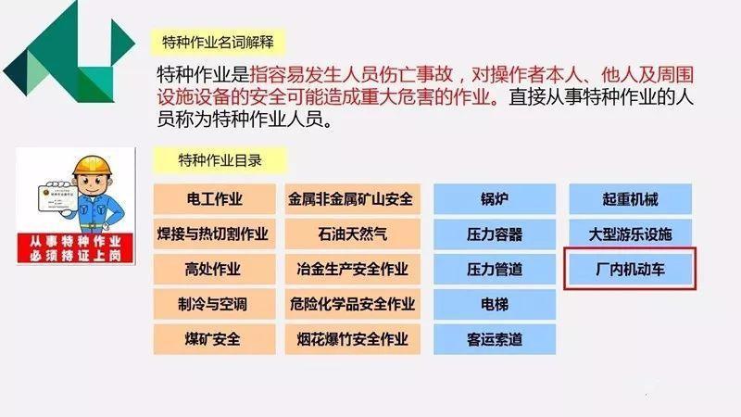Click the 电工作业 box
coord(215,199)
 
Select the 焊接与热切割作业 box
coord(215,234)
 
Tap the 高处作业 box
coord(215,269)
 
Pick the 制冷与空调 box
coord(215,304)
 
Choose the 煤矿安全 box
coord(215,339)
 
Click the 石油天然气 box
coord(353,234)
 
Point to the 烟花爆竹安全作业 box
coord(353,339)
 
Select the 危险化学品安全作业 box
coord(353,304)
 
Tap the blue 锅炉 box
coord(495,199)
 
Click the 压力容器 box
coord(495,234)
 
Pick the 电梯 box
coord(495,304)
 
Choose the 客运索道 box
coord(495,339)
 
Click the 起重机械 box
coord(631,199)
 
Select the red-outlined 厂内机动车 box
coord(630,269)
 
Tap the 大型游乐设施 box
coord(631,234)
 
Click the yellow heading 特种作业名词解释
coord(218,42)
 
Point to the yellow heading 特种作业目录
coord(220,160)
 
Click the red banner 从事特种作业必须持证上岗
coord(75,248)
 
